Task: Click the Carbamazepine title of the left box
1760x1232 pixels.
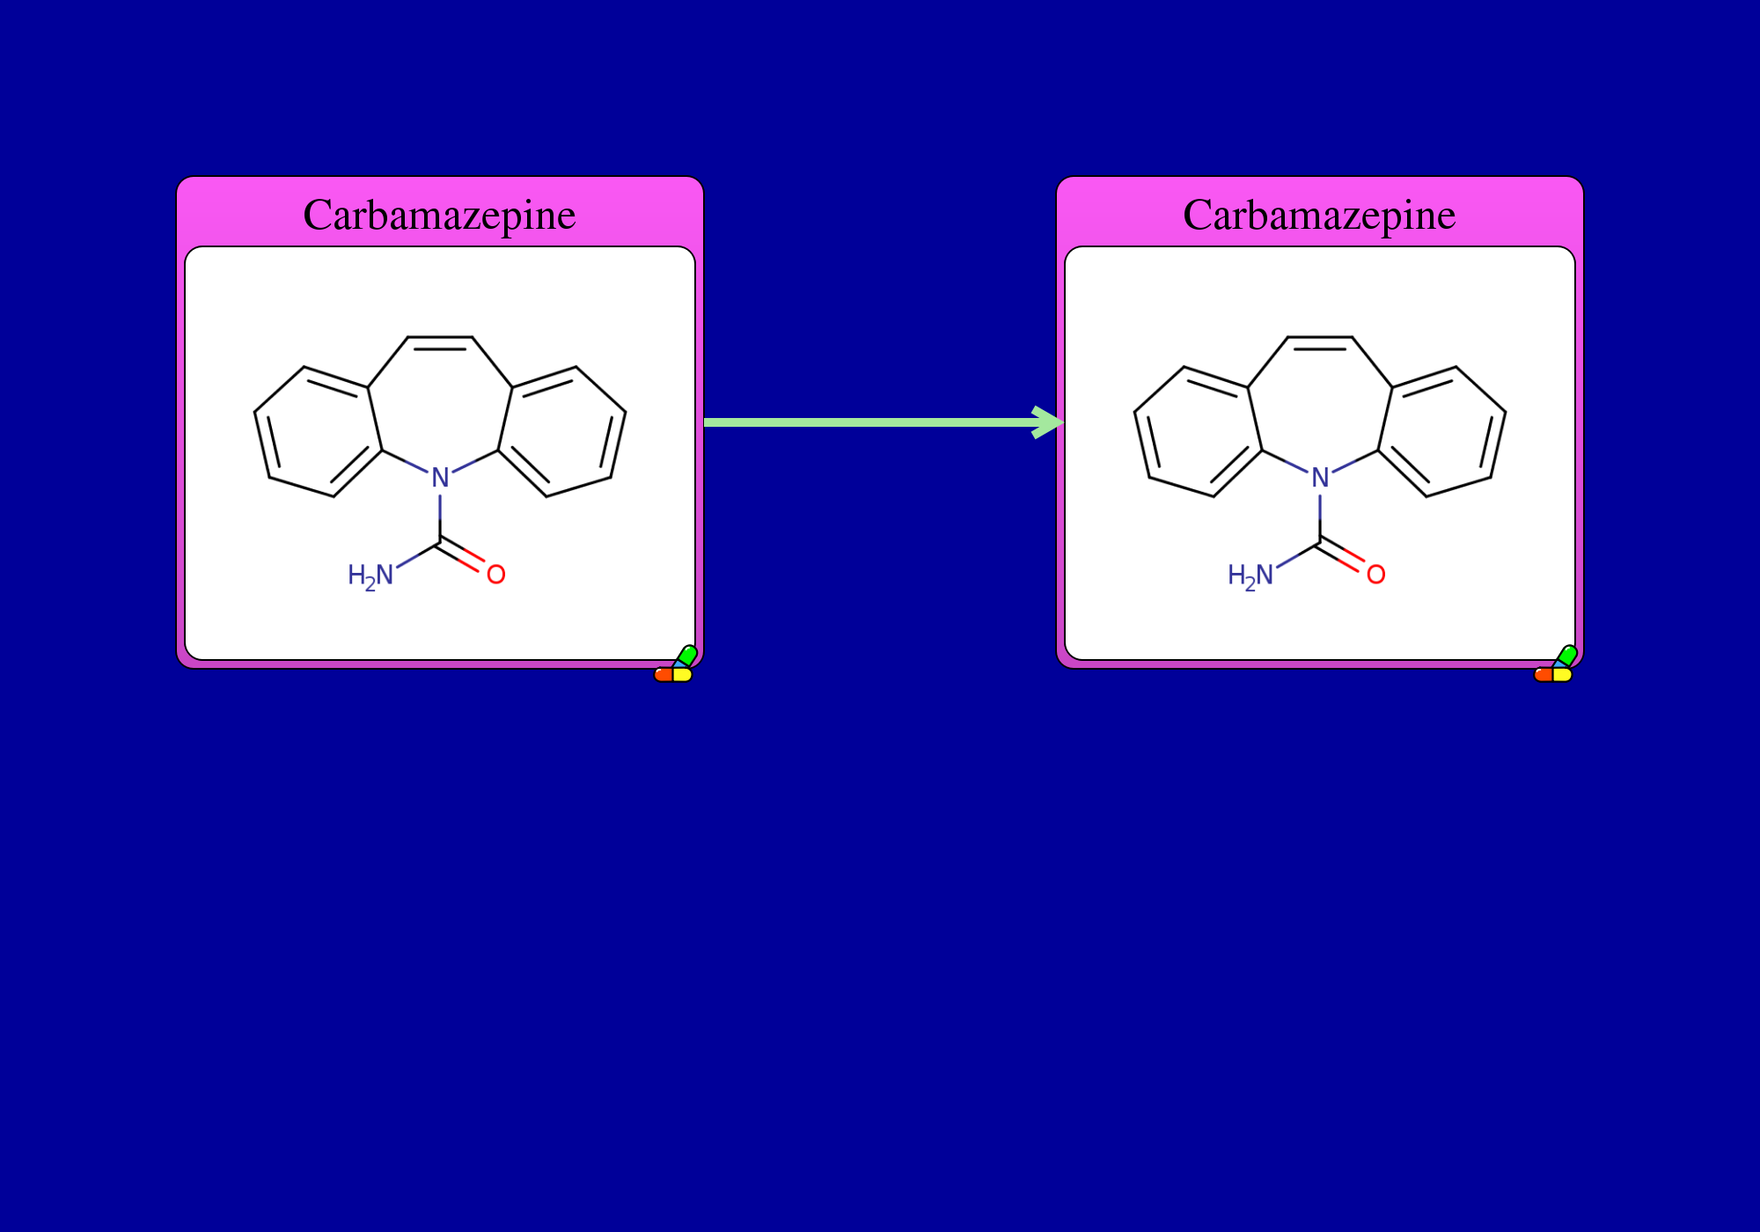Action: pos(439,216)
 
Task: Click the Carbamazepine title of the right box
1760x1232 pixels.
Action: pos(1319,216)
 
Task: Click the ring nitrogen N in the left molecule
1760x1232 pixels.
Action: pos(440,478)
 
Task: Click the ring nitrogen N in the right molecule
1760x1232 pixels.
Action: pos(1320,478)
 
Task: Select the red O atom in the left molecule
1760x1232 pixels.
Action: pos(496,575)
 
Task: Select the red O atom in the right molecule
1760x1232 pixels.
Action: pos(1376,575)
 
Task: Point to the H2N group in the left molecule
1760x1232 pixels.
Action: pos(370,576)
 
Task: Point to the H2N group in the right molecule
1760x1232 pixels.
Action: pos(1250,576)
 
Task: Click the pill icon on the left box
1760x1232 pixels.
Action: pos(675,664)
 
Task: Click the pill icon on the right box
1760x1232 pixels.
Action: pos(1555,664)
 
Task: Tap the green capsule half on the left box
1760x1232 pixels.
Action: pos(686,656)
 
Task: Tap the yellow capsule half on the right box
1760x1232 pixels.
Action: pos(1563,675)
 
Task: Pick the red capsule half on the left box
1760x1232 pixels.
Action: pos(664,675)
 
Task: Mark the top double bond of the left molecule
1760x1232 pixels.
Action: pos(440,341)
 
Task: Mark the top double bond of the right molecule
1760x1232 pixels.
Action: pos(1320,341)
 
